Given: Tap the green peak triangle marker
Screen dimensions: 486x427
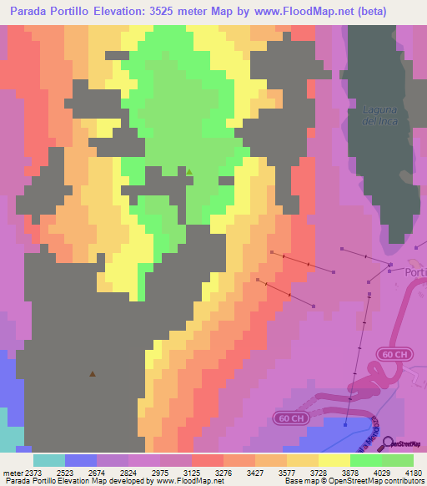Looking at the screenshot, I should coord(189,172).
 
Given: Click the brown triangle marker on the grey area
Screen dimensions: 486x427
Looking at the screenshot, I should coord(92,374).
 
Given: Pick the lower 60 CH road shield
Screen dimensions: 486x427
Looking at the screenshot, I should coord(287,417).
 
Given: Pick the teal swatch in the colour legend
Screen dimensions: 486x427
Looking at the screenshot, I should coord(49,460).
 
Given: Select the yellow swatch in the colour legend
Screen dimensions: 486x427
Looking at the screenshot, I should coord(334,460).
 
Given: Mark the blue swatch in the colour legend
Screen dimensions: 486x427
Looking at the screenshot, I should coord(81,460).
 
